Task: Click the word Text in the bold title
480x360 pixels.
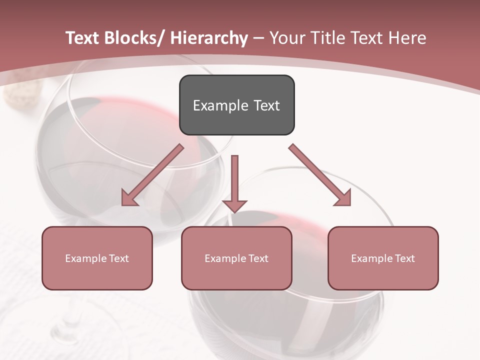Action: (82, 38)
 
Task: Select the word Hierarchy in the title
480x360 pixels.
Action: (209, 38)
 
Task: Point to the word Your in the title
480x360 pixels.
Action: (287, 38)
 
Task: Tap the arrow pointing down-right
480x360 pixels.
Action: (320, 175)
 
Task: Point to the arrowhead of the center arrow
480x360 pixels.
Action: (234, 205)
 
